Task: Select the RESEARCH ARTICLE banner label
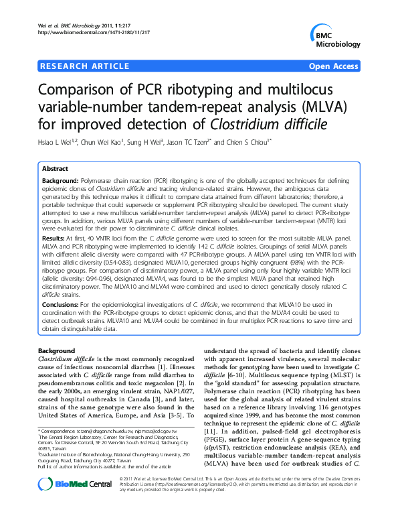(84, 67)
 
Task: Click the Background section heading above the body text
(56, 351)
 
